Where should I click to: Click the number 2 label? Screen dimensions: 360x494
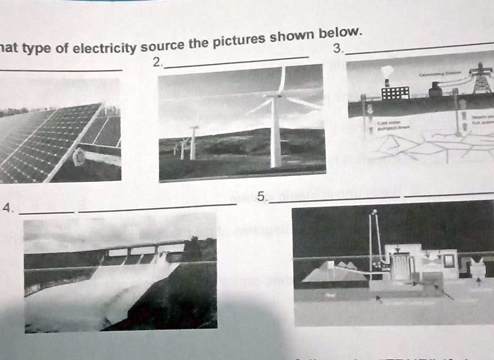click(x=157, y=62)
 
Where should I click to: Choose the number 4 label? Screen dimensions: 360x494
click(x=7, y=207)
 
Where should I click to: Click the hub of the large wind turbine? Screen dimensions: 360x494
click(x=274, y=97)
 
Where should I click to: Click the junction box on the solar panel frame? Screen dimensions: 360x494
click(x=78, y=158)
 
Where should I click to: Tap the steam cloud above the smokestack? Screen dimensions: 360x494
click(x=387, y=71)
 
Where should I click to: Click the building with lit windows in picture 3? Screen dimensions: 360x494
click(x=395, y=92)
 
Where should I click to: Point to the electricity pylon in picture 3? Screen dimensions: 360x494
click(x=481, y=78)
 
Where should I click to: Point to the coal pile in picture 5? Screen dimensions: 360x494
click(x=333, y=272)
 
